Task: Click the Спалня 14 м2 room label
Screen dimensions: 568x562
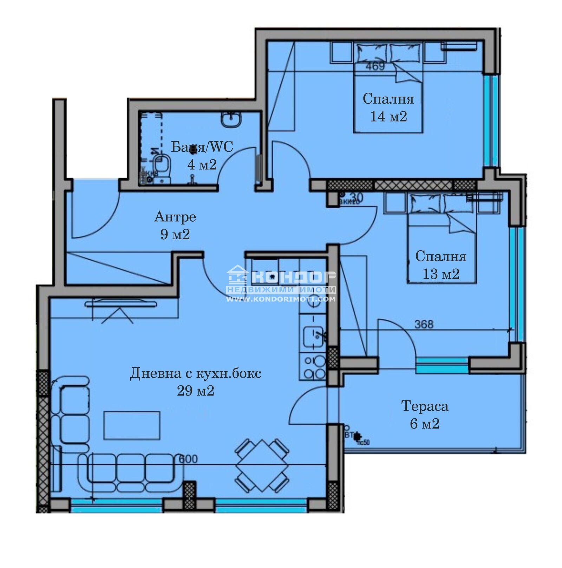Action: pyautogui.click(x=388, y=107)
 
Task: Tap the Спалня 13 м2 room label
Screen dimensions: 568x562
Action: pyautogui.click(x=441, y=265)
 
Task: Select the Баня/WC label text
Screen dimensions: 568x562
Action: pyautogui.click(x=202, y=147)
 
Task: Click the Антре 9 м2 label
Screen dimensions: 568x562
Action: pyautogui.click(x=175, y=225)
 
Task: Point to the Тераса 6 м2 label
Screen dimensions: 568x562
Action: pyautogui.click(x=425, y=415)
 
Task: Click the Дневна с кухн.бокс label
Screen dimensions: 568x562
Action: pyautogui.click(x=196, y=373)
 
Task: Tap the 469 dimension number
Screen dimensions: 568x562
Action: pyautogui.click(x=375, y=66)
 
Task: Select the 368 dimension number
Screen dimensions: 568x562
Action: pyautogui.click(x=424, y=324)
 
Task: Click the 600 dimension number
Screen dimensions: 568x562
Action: pyautogui.click(x=188, y=459)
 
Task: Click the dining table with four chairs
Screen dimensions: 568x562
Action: pyautogui.click(x=262, y=465)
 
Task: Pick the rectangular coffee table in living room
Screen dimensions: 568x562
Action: pyautogui.click(x=132, y=425)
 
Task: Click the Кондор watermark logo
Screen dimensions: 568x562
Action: pyautogui.click(x=281, y=277)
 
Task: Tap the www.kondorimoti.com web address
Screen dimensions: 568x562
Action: pyautogui.click(x=281, y=299)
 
